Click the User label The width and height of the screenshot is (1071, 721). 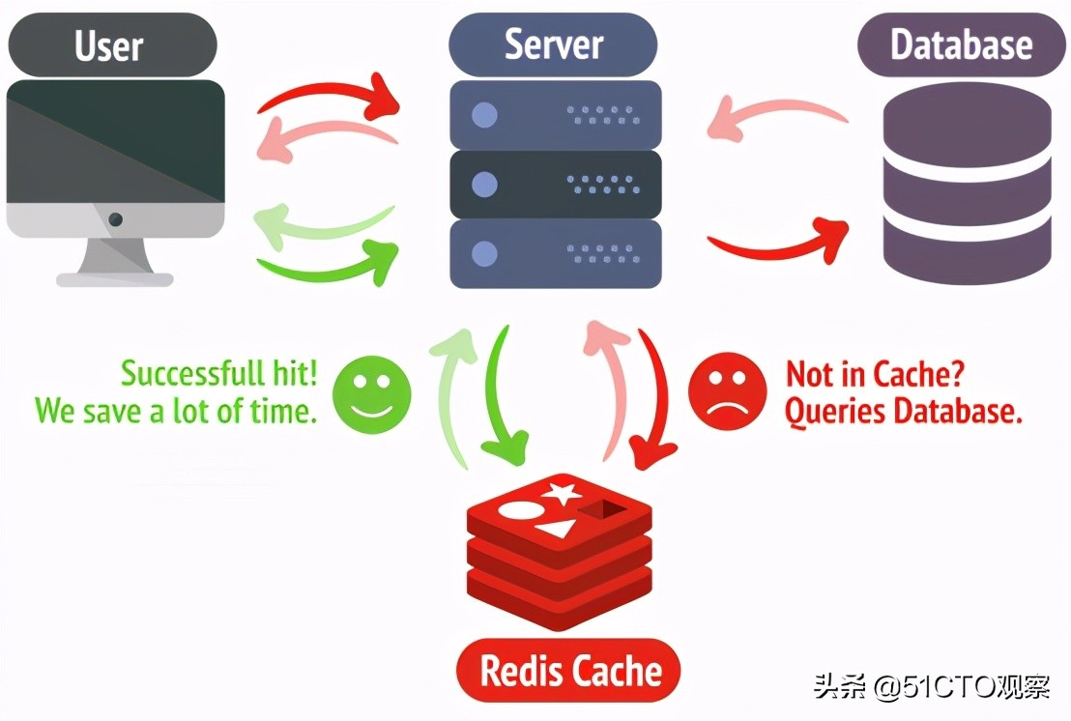pos(109,44)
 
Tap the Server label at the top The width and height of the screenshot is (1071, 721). pos(553,44)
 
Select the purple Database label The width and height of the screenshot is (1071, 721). pos(961,44)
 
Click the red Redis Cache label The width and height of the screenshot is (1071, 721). pos(568,671)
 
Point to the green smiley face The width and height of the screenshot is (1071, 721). pos(372,394)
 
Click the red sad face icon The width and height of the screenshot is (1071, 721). pos(727,394)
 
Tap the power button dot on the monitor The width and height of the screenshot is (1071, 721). pos(116,219)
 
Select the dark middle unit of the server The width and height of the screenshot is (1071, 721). pos(556,185)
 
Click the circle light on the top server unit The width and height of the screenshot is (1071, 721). pos(483,116)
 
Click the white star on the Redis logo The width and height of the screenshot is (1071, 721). pos(561,494)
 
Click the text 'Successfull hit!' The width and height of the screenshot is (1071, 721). pos(218,374)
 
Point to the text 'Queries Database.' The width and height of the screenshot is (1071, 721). pos(903,413)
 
